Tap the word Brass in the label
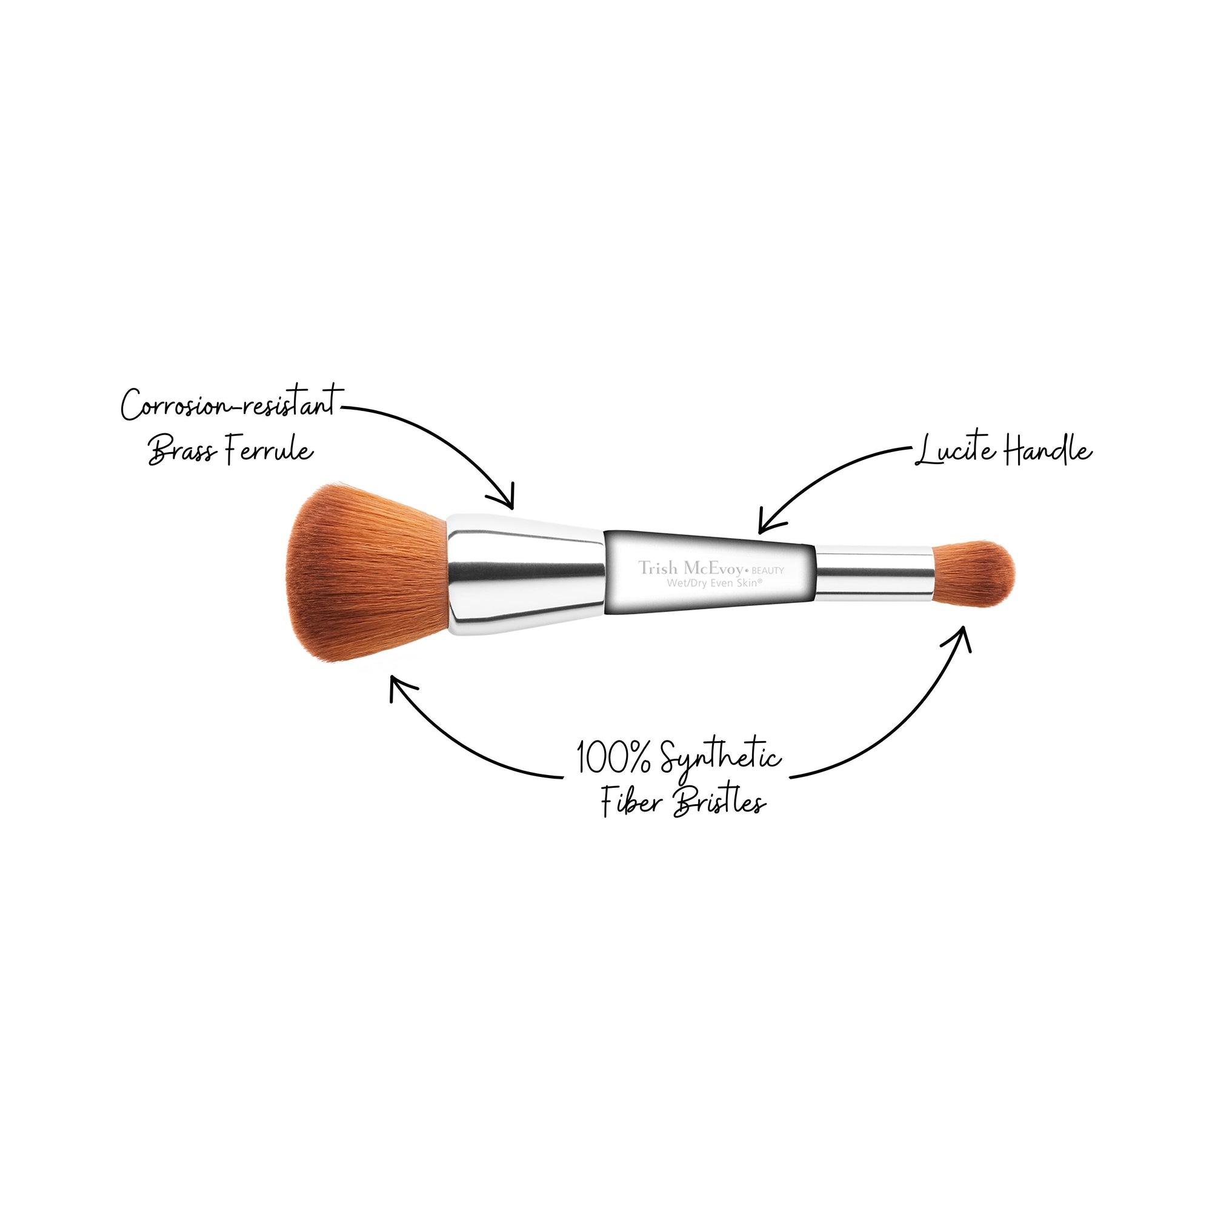tap(182, 450)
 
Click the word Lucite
tap(956, 450)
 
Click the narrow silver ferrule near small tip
tap(874, 572)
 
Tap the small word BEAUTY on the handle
tap(768, 570)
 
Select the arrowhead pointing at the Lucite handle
tap(769, 522)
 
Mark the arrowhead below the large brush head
tap(399, 687)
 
